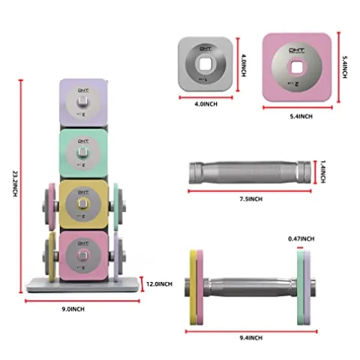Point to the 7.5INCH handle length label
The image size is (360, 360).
click(x=250, y=199)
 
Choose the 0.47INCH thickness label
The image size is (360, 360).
click(x=302, y=238)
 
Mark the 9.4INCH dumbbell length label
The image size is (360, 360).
click(x=249, y=338)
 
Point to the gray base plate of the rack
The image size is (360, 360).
click(x=84, y=286)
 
